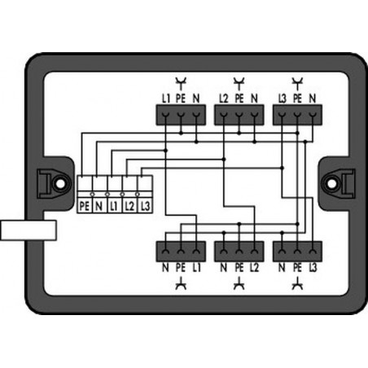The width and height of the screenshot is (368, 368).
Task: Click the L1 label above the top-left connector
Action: pyautogui.click(x=166, y=99)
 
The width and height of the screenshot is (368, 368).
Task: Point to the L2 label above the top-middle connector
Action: pyautogui.click(x=224, y=99)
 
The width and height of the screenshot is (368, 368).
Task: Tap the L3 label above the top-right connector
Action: pyautogui.click(x=283, y=99)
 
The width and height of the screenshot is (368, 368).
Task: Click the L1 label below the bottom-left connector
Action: pyautogui.click(x=196, y=268)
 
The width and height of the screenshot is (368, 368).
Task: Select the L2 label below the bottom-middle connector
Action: pyautogui.click(x=254, y=268)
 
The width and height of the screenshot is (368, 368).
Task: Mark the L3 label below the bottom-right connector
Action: pyautogui.click(x=313, y=268)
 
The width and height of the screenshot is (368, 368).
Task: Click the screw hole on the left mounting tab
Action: pyautogui.click(x=61, y=184)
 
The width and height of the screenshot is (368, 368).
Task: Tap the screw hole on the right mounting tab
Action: pyautogui.click(x=331, y=184)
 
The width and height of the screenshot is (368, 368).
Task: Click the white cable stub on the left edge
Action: pyautogui.click(x=28, y=230)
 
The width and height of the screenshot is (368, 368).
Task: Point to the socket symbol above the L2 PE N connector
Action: pyautogui.click(x=239, y=83)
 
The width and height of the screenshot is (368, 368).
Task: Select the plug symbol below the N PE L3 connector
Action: pyautogui.click(x=297, y=283)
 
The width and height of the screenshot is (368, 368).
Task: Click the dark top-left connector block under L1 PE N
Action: pyautogui.click(x=181, y=115)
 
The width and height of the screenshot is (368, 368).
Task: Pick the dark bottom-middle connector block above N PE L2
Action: pyautogui.click(x=239, y=252)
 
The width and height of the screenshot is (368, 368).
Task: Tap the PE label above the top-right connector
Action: pyautogui.click(x=297, y=99)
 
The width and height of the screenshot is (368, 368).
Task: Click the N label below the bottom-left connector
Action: pyautogui.click(x=165, y=268)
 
